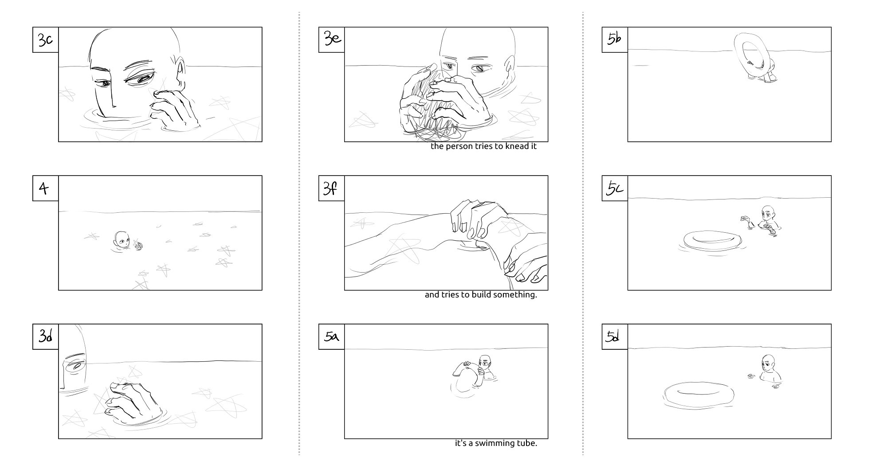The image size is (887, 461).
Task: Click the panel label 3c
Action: click(x=45, y=40)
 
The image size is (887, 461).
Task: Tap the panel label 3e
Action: click(x=332, y=40)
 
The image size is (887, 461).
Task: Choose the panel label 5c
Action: click(x=615, y=188)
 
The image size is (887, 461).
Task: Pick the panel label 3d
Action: click(x=45, y=337)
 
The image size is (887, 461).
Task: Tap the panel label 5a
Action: click(x=332, y=337)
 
